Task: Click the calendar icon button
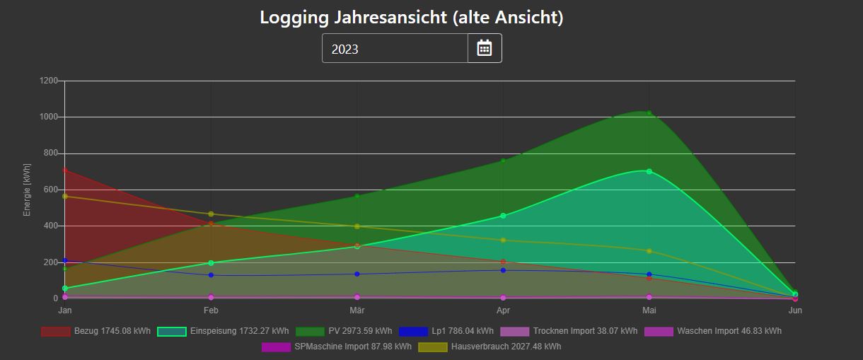[x=485, y=48]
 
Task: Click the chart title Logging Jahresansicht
[x=411, y=17]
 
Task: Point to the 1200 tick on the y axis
[x=49, y=81]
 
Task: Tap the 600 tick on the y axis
[x=51, y=190]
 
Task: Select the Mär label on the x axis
[x=357, y=310]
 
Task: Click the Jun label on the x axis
[x=795, y=310]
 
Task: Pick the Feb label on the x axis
[x=211, y=310]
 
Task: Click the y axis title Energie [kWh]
[x=27, y=190]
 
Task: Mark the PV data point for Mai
[x=649, y=113]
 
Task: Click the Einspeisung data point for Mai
[x=649, y=171]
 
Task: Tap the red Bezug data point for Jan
[x=65, y=170]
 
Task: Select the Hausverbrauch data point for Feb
[x=211, y=214]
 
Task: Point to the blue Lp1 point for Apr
[x=503, y=270]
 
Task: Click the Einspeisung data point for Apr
[x=503, y=216]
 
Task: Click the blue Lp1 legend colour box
[x=414, y=331]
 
